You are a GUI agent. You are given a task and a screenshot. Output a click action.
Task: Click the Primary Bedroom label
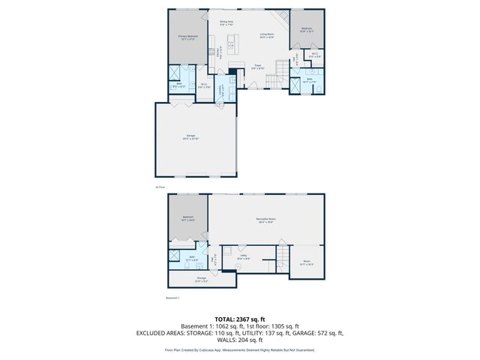[x=187, y=36]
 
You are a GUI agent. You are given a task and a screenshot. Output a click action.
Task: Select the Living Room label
[x=266, y=34]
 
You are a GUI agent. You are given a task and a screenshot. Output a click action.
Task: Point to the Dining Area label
[x=226, y=22]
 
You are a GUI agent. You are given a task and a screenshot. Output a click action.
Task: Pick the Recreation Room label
[x=265, y=218]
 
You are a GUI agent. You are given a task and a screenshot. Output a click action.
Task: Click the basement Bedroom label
[x=187, y=217]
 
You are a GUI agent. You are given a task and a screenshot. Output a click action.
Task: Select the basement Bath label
[x=192, y=257]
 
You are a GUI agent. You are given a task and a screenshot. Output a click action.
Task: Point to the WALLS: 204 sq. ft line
[x=239, y=340]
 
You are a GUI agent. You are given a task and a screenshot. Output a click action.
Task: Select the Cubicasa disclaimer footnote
[x=239, y=349]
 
